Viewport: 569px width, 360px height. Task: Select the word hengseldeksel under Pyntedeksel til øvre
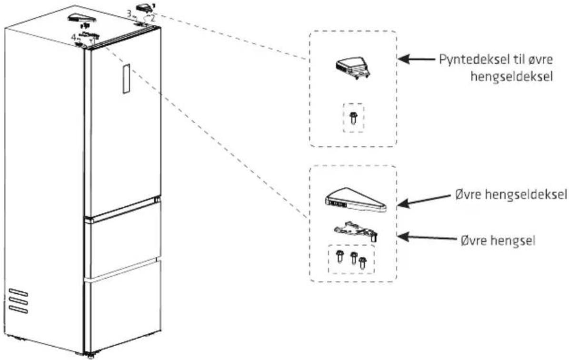pos(512,77)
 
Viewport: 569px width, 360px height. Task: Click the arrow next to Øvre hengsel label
pos(427,238)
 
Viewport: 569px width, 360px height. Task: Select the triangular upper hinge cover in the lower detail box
pos(356,200)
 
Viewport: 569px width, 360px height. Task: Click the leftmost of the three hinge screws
pos(340,256)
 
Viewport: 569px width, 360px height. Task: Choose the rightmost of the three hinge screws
pos(362,264)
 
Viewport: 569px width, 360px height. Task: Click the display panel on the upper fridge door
pos(126,79)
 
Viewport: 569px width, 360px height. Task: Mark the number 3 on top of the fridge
pos(129,13)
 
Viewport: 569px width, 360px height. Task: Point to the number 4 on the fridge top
pos(73,37)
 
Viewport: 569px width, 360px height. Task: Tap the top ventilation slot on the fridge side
pos(18,292)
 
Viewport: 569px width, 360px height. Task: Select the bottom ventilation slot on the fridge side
pos(18,309)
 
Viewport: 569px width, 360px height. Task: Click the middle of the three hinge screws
pos(353,259)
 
